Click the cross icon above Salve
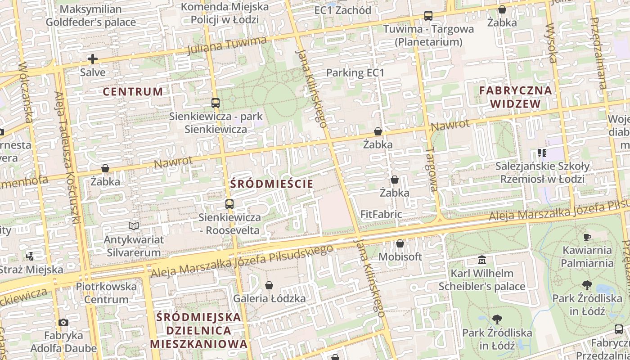point(92,59)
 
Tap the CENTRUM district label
point(133,92)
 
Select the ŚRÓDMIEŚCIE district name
point(271,184)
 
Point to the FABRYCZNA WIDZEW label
point(515,97)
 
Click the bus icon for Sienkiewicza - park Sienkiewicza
point(216,103)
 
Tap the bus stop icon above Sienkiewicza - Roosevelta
point(229,204)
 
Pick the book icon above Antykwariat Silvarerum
point(134,226)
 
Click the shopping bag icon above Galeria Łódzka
point(269,285)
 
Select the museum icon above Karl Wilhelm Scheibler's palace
point(482,260)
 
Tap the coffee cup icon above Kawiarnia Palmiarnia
point(587,237)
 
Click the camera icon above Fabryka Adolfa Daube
point(63,322)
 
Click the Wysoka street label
point(551,43)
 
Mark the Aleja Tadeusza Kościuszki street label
point(67,157)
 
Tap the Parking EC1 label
point(355,72)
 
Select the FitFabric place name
point(381,214)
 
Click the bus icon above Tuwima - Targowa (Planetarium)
point(428,16)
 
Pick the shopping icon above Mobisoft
point(400,243)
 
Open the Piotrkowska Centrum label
point(106,292)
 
